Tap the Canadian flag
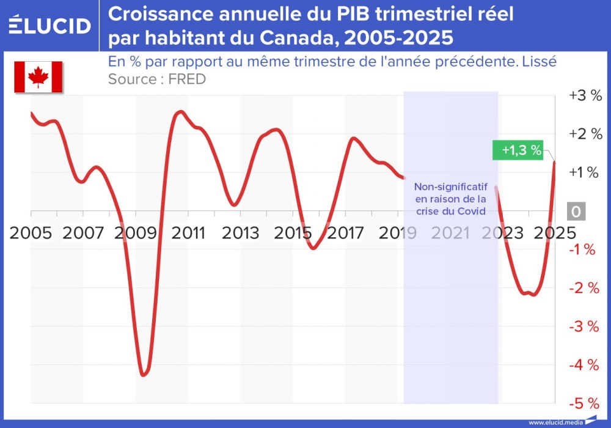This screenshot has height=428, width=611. (38, 77)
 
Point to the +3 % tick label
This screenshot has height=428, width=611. (585, 96)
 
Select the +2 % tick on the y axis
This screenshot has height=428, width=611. (585, 135)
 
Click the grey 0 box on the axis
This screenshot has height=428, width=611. (576, 212)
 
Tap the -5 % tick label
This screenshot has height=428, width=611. (584, 404)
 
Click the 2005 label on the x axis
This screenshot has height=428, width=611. (31, 233)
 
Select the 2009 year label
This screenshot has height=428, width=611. (136, 233)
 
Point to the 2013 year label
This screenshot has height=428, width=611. (240, 233)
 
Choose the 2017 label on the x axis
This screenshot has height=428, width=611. (345, 233)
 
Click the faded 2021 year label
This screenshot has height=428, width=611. (450, 233)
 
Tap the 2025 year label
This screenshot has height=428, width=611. (554, 233)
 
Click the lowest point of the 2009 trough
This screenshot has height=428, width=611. (143, 375)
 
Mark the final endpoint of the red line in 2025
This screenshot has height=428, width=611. (554, 161)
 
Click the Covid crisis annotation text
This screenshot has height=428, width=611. (450, 199)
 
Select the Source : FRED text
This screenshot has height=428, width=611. (157, 79)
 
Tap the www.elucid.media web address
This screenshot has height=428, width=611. (555, 422)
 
